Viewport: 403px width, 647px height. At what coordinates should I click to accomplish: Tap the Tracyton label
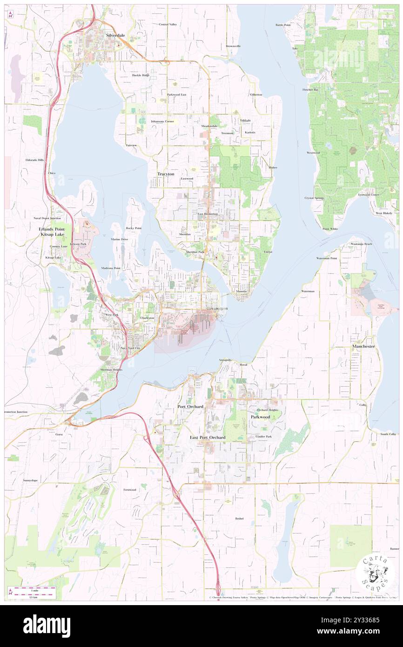tap(166, 174)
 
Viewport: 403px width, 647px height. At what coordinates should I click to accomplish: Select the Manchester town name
tap(363, 347)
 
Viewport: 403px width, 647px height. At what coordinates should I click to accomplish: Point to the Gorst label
tap(59, 434)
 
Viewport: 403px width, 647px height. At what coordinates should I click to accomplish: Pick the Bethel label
tap(239, 518)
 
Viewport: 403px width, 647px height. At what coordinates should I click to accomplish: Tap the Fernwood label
tap(129, 490)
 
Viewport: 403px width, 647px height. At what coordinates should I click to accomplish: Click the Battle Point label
tap(283, 25)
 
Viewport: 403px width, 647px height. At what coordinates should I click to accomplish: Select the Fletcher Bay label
tap(310, 89)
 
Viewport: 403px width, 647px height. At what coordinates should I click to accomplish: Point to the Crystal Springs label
tap(314, 198)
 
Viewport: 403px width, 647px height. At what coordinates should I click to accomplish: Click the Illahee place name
tap(273, 168)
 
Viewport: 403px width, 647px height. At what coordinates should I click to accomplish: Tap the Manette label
tap(241, 291)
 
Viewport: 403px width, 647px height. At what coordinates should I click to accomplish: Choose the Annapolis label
tap(225, 360)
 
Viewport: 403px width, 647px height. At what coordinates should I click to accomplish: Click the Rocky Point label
tap(133, 228)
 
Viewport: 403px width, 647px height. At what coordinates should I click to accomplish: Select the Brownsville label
tap(233, 46)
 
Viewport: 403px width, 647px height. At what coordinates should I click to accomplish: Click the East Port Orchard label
tap(208, 438)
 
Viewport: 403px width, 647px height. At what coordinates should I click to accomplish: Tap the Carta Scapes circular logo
tap(375, 572)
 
